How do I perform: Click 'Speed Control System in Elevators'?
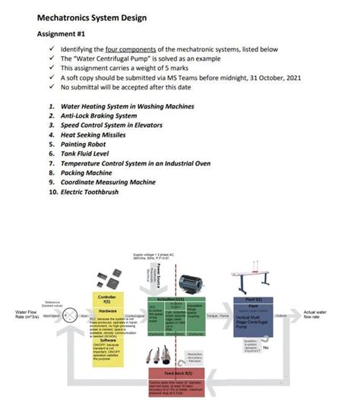115,125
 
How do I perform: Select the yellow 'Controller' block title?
107,297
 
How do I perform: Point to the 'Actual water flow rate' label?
315,315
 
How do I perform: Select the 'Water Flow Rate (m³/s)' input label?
27,315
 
